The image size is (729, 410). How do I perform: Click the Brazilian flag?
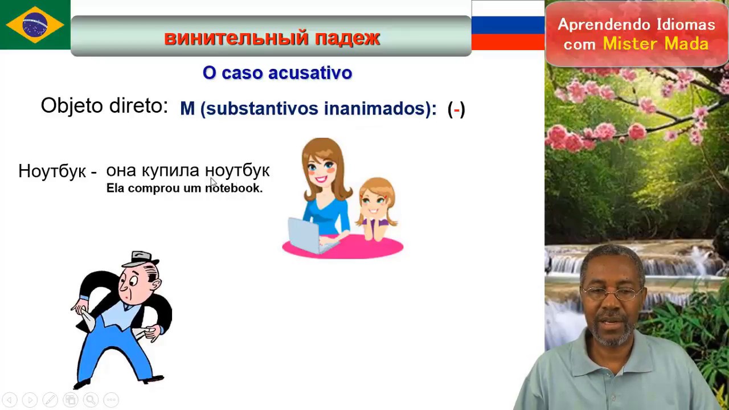[35, 24]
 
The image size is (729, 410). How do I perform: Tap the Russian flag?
[507, 25]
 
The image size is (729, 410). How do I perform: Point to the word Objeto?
[72, 106]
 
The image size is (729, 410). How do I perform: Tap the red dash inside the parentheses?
[456, 109]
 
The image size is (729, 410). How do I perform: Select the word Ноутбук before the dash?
[52, 171]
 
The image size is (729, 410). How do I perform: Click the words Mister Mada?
[656, 44]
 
